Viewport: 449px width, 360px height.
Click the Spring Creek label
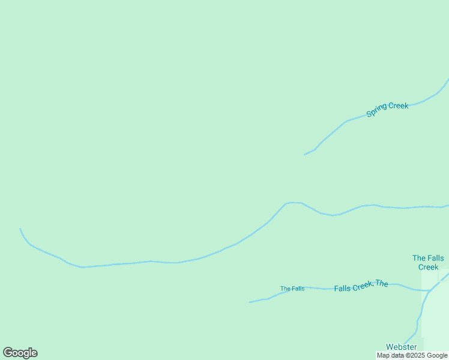[x=387, y=109]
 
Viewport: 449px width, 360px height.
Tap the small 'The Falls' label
[x=292, y=289]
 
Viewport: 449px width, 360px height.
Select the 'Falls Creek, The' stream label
[x=361, y=286]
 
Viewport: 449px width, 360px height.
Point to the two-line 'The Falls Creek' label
[x=428, y=262]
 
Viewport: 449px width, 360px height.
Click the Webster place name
[x=401, y=347]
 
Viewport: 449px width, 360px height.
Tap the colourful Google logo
[x=20, y=353]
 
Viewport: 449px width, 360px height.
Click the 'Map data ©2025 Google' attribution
[x=412, y=355]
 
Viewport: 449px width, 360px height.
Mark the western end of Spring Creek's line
[x=304, y=155]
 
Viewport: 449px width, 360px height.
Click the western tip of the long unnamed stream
[x=20, y=229]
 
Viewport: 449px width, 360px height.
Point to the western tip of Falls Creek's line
[x=250, y=302]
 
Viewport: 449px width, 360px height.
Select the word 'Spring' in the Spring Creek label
[x=377, y=112]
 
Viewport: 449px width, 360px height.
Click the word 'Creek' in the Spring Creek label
[x=398, y=106]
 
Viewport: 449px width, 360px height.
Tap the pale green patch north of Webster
[x=435, y=312]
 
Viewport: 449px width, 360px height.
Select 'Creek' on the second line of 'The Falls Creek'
[x=428, y=267]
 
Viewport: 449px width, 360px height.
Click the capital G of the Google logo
[x=8, y=352]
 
